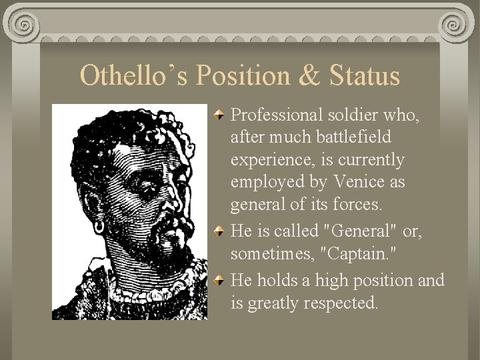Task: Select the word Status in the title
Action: [x=364, y=76]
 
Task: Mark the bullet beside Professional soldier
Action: [x=220, y=115]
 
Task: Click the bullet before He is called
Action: [x=220, y=231]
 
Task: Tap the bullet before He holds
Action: [x=220, y=281]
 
